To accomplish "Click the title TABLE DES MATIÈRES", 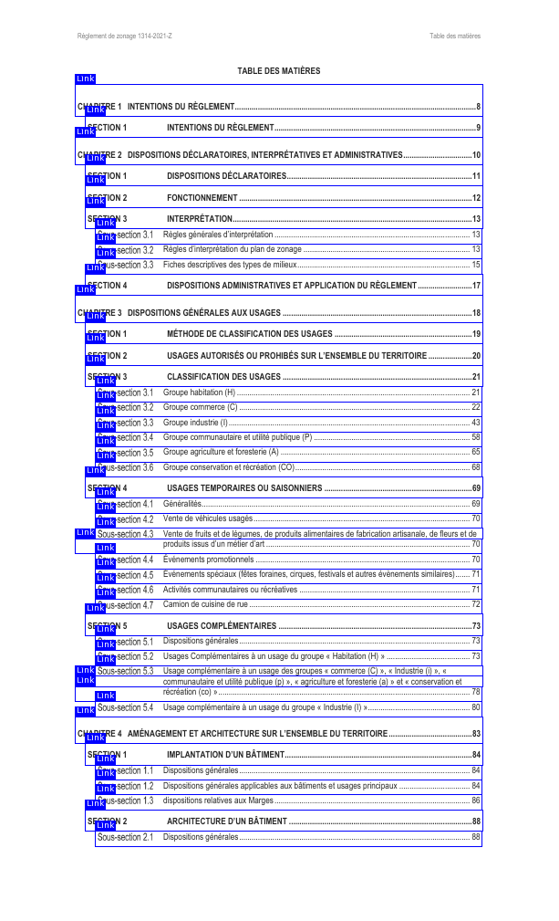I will (x=278, y=70).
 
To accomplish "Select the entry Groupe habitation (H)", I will (x=199, y=392).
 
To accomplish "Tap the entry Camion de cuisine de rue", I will (x=205, y=604).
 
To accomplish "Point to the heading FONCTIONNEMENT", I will (x=202, y=198).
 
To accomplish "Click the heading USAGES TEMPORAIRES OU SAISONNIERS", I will (x=244, y=488).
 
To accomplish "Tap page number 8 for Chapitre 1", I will (x=478, y=107).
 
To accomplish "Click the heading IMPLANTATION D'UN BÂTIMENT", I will (x=225, y=755).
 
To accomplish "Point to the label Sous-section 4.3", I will (x=126, y=534).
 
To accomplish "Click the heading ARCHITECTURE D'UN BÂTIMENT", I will (x=227, y=822).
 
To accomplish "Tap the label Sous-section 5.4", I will (x=126, y=707).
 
